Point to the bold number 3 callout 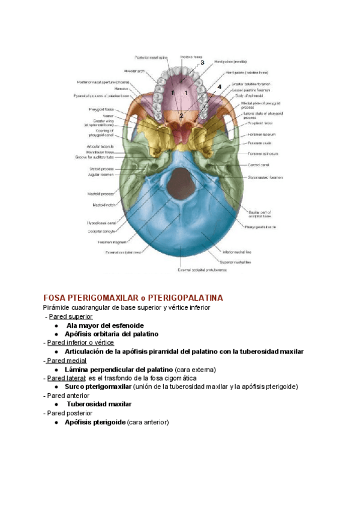(x=202, y=62)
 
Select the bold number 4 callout (x=219, y=87)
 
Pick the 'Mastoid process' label (x=99, y=194)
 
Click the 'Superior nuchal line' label (x=236, y=262)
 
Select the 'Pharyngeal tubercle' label (x=260, y=227)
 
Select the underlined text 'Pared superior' (x=71, y=316)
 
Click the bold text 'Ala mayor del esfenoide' (x=105, y=325)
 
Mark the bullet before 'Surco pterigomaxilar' (x=56, y=387)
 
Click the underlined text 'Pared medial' (x=67, y=360)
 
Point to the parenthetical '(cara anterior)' (x=148, y=422)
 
